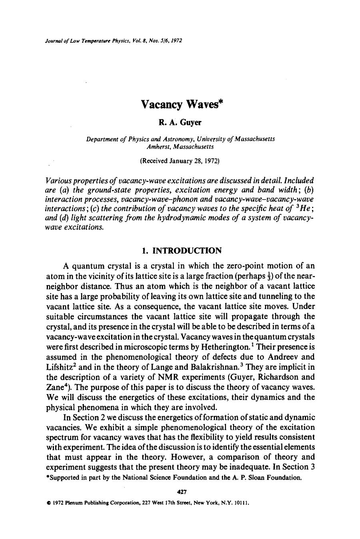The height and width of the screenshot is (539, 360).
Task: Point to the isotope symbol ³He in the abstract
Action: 301,208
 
